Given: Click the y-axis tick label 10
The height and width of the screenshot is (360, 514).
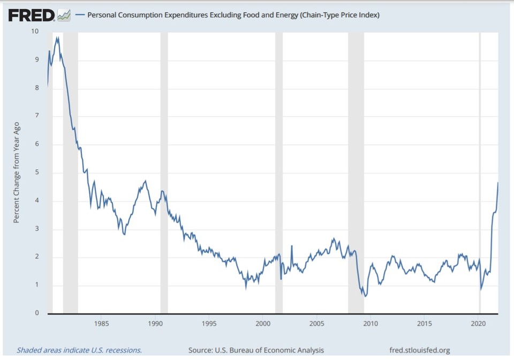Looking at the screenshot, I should point(35,31).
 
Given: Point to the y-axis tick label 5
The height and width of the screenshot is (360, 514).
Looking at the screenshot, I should point(36,172).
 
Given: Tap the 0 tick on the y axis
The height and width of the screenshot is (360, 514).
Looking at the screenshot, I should point(36,313).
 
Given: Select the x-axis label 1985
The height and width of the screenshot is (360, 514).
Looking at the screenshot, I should point(102,324).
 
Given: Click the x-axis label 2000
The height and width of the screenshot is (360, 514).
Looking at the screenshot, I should point(263,324).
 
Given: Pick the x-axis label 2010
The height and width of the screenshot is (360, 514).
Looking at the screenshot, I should point(371,324).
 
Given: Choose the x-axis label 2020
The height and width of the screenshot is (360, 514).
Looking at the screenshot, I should point(478,324).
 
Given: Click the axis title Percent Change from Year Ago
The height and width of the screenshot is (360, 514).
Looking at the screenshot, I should point(17,172).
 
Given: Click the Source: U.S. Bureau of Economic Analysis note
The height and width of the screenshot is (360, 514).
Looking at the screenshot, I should point(256,350).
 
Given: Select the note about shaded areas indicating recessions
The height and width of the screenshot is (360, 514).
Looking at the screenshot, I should point(79,350).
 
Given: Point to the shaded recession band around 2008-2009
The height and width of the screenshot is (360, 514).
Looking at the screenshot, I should point(356,171).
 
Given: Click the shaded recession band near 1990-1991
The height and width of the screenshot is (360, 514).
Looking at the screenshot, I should point(164,171).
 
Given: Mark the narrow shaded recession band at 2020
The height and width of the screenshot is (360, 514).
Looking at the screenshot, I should point(480,171).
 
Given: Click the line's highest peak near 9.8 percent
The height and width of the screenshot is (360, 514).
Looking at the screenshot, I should point(57,37).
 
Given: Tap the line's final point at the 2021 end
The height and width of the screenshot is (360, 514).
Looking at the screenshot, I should point(498,183).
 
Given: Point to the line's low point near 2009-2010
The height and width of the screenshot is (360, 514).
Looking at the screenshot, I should point(365,296).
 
